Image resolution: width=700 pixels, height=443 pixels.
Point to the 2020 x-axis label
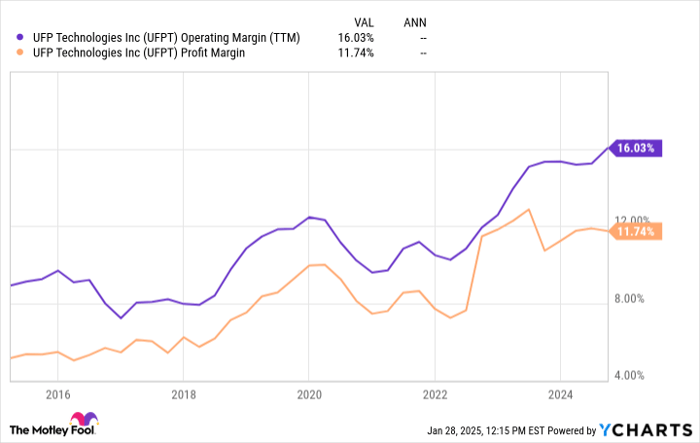309,393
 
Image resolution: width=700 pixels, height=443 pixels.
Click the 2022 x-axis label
435,393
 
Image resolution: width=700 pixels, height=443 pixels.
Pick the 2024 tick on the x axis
561,393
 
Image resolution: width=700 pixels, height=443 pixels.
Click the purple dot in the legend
18,37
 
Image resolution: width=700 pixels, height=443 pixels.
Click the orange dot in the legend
18,53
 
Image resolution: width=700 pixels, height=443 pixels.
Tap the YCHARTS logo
641,429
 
